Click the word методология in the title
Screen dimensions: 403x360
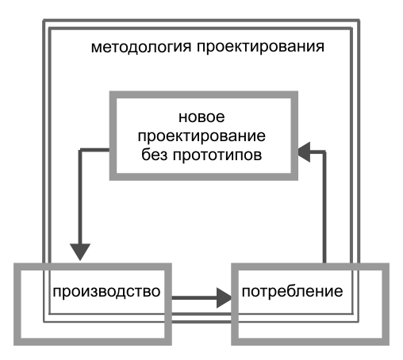[141, 47]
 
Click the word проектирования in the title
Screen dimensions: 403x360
[260, 47]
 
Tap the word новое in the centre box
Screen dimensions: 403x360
[201, 117]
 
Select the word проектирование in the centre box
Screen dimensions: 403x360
[201, 136]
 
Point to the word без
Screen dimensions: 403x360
[154, 155]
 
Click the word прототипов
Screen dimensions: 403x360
[217, 155]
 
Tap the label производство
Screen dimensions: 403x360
[106, 292]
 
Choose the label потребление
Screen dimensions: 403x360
[292, 291]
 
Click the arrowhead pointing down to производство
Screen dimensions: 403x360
[80, 252]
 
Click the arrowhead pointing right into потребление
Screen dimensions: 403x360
[225, 298]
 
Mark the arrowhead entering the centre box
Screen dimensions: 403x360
[304, 152]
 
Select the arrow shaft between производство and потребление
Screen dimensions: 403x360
[194, 298]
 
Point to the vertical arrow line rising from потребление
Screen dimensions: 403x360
[324, 208]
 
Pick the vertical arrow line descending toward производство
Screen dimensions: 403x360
[80, 197]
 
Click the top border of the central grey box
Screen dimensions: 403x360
[204, 94]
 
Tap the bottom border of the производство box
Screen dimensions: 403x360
[93, 342]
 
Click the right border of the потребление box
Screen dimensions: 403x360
[386, 304]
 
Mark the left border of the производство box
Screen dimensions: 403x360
[17, 304]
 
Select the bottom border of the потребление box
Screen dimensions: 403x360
[310, 342]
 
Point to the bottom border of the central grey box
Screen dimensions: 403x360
[204, 177]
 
